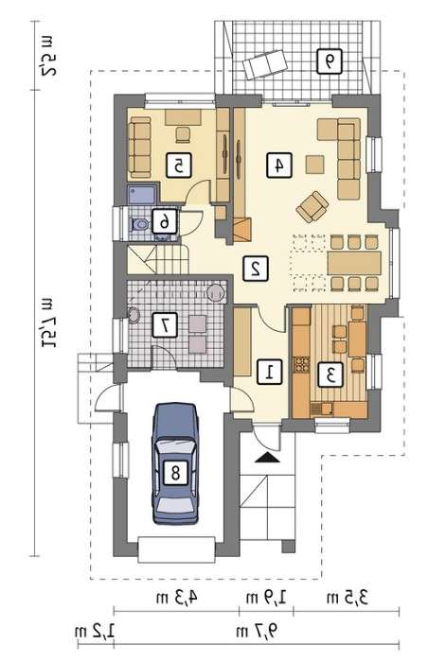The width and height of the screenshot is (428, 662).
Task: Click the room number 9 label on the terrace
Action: coord(329,61)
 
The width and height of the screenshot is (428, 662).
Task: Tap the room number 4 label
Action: coord(279,165)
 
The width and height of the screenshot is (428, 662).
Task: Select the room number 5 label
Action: coord(179,165)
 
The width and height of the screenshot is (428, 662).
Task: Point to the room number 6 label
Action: coord(164,220)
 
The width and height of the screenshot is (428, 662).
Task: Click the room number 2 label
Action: coord(256,268)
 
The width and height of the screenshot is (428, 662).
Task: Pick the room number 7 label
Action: coord(165,324)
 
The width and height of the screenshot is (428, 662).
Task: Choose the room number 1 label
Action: coord(270,372)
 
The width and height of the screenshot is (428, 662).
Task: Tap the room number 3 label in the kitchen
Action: coord(330,375)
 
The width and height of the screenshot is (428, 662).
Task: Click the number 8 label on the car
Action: coord(175,472)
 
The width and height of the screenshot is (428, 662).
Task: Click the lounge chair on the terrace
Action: coord(265,63)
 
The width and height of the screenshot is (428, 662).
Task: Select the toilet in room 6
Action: coord(138,224)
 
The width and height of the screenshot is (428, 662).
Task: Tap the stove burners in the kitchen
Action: coord(302,364)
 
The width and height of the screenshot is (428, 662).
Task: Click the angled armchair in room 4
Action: coord(312,206)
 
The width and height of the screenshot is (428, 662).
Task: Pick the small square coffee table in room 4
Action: coord(315,165)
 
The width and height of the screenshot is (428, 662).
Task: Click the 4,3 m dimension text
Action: coord(177,598)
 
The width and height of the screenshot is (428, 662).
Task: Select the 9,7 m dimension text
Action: coord(258,632)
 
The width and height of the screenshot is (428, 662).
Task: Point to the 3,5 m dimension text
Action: coord(348,598)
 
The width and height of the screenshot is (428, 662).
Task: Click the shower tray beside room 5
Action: coord(142,195)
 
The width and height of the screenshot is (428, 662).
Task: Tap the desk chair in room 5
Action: coord(183,134)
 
